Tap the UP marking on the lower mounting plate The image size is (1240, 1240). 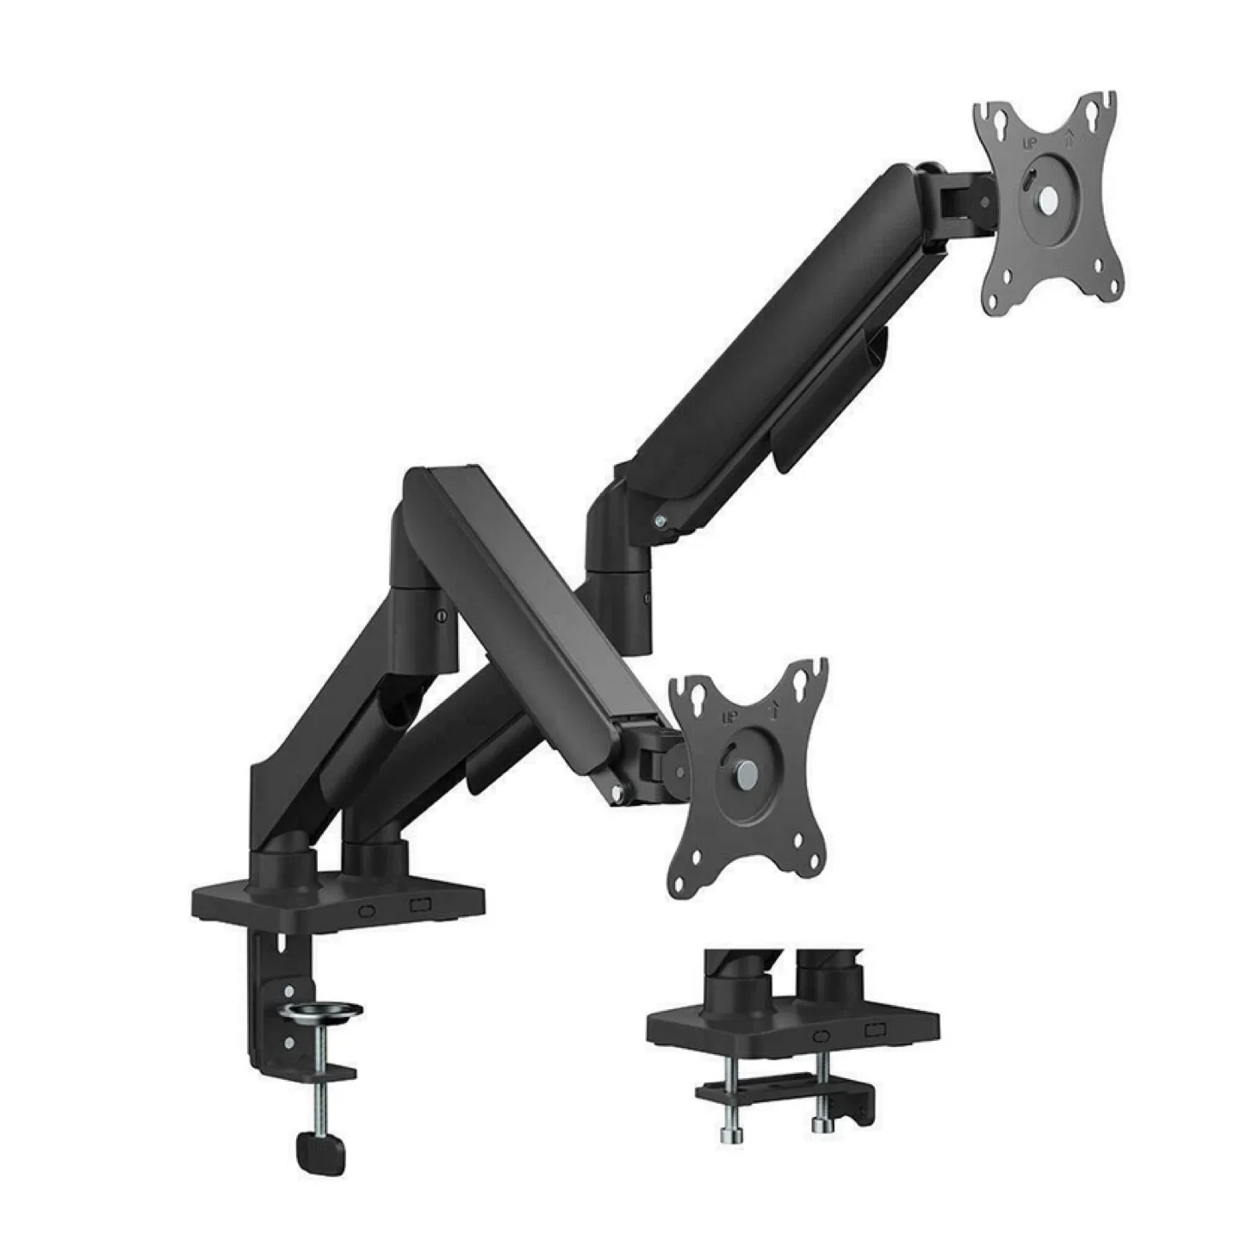729,717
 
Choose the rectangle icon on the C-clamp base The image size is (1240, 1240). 420,905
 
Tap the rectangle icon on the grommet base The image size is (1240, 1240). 876,1030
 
